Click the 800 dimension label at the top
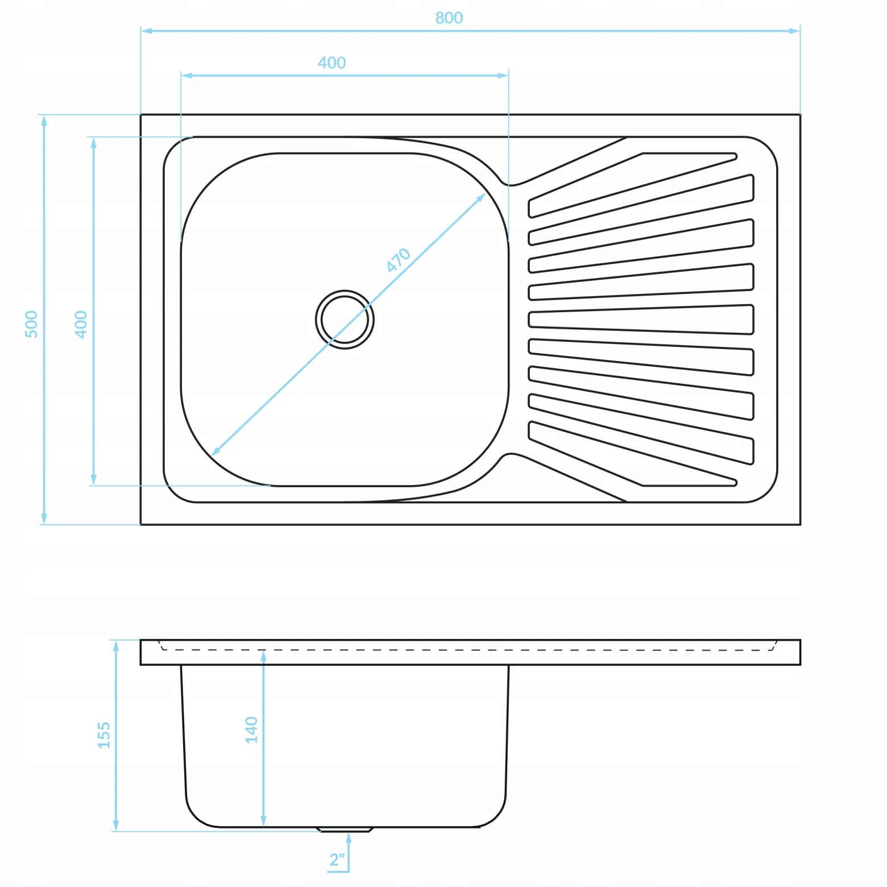click(x=449, y=18)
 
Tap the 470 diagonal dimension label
click(x=398, y=260)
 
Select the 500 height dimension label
click(x=31, y=324)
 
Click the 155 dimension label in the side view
click(x=103, y=735)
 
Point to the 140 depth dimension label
click(x=251, y=730)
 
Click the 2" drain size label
click(x=337, y=860)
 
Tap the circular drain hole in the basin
click(x=345, y=320)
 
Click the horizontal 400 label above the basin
click(x=331, y=63)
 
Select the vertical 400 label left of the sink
click(x=81, y=324)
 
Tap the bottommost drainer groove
click(x=632, y=455)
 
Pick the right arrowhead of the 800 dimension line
click(x=794, y=31)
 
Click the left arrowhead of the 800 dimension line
click(x=147, y=31)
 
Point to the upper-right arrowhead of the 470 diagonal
click(x=481, y=197)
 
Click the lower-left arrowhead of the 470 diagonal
click(x=215, y=451)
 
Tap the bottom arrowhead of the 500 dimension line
click(x=44, y=519)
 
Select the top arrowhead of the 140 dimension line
click(x=263, y=656)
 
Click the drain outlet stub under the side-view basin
click(x=345, y=830)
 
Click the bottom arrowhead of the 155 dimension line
click(x=116, y=826)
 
